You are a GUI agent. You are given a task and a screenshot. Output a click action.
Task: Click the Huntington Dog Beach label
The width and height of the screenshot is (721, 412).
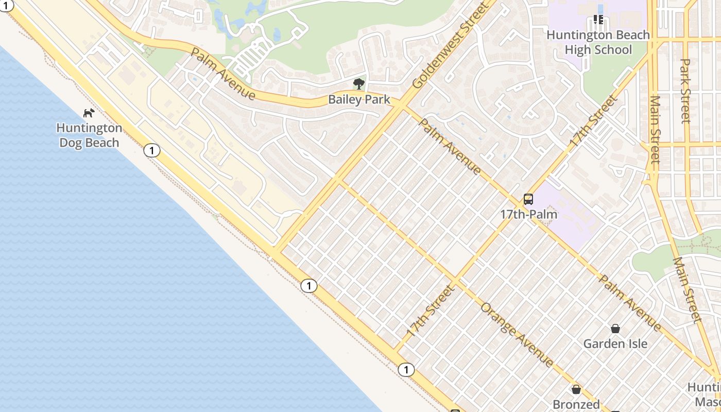[x=89, y=135]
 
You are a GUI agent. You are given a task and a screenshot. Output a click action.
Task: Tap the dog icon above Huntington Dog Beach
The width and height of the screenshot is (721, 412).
[x=89, y=112]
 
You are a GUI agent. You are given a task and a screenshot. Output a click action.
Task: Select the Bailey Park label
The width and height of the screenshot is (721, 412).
[x=359, y=100]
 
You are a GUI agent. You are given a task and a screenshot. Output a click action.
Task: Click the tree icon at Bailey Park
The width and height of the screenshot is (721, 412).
[x=358, y=84]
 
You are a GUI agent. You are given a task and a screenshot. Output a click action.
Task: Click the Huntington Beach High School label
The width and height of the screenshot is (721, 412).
[x=598, y=42]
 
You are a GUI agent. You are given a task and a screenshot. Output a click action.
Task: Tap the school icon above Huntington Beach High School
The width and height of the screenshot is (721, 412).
[x=598, y=20]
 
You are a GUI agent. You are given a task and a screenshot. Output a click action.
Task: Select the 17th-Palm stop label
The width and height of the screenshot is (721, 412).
[x=528, y=214]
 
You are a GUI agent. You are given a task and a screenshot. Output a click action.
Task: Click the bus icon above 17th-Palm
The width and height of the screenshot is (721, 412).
[x=528, y=199]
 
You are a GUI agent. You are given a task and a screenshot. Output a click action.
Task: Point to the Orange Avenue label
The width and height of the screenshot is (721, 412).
[x=517, y=335]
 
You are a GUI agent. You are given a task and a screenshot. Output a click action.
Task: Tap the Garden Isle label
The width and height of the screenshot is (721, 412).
[x=615, y=344]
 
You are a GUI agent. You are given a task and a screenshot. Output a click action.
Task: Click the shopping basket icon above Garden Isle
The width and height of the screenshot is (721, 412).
[x=615, y=329]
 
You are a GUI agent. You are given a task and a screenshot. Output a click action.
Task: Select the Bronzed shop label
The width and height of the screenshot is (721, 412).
[x=576, y=404]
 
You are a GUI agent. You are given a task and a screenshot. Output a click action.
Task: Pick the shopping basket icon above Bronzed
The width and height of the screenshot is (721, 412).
[x=576, y=390]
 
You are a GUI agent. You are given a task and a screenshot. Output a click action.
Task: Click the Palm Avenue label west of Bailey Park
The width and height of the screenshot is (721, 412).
[x=222, y=74]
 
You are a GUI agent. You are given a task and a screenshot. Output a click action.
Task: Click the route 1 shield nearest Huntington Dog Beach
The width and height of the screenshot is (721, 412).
[x=151, y=150]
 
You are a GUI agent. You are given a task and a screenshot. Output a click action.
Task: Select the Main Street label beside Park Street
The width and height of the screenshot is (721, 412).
[x=655, y=129]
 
